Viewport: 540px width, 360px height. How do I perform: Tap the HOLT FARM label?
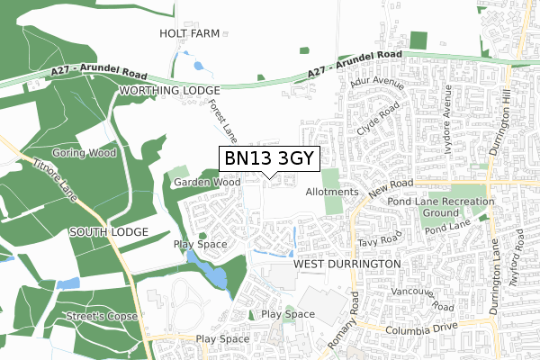pyautogui.click(x=190, y=33)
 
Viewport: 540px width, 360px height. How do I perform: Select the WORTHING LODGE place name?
pyautogui.click(x=169, y=92)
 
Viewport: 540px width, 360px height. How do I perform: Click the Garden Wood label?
pyautogui.click(x=208, y=182)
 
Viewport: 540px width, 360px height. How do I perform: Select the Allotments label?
pyautogui.click(x=332, y=193)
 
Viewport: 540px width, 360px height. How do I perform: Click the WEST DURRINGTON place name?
pyautogui.click(x=346, y=263)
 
